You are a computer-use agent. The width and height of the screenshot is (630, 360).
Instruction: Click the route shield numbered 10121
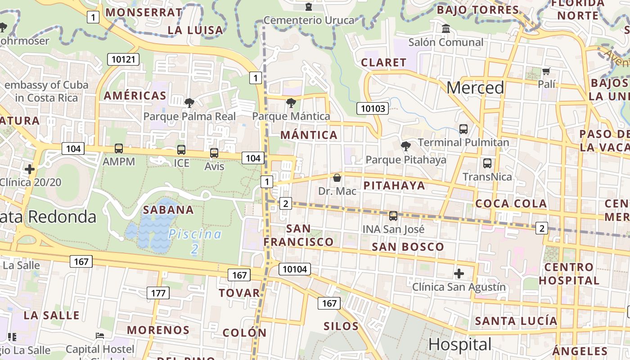tap(123, 59)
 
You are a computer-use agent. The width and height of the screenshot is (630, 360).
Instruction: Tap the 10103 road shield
tap(373, 108)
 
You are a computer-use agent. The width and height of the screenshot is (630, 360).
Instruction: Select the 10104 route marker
tap(295, 269)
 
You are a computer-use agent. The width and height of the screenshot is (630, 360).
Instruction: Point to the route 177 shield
tap(158, 293)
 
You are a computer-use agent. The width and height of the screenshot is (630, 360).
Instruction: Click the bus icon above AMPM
tap(119, 148)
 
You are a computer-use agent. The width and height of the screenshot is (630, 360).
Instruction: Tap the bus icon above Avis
tap(214, 153)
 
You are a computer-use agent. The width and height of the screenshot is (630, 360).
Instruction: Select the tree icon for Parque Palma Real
tap(189, 103)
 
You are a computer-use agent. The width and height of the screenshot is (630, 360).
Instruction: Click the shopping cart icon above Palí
tap(546, 71)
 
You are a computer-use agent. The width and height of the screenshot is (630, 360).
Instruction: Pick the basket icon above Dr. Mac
tap(337, 178)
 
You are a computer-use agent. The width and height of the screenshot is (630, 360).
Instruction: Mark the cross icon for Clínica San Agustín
tap(459, 273)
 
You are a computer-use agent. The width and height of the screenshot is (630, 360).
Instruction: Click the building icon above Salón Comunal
tap(446, 29)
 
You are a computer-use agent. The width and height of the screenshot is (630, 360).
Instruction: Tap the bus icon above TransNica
tap(487, 163)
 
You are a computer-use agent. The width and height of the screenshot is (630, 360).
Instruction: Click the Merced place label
tap(475, 88)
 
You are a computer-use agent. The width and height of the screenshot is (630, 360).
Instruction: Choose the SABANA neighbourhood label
tap(168, 210)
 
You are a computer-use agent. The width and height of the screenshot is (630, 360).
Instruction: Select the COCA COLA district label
tap(511, 203)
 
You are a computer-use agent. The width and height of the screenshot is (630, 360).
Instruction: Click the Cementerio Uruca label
tap(309, 20)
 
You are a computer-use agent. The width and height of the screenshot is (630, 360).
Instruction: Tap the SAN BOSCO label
tap(408, 247)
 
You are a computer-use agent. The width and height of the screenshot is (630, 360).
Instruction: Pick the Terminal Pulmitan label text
tap(463, 143)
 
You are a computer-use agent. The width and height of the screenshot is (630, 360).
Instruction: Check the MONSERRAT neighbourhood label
tap(144, 12)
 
